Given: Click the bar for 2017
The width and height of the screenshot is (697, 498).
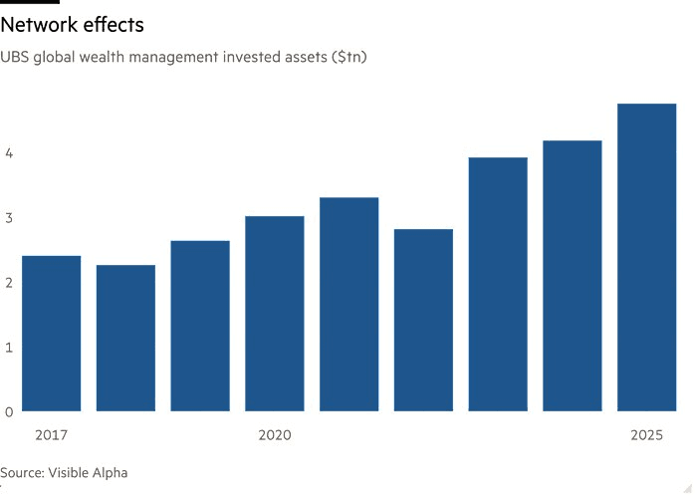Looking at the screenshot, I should [x=51, y=334].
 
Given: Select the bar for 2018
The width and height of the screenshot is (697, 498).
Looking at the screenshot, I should [x=125, y=338].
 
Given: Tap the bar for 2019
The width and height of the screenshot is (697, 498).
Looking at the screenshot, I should [x=200, y=326].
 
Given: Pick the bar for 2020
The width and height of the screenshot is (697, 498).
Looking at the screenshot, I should [x=275, y=314].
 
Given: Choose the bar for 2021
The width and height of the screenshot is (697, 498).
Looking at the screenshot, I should [x=349, y=304].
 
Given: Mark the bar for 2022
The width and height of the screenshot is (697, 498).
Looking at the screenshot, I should [x=424, y=320].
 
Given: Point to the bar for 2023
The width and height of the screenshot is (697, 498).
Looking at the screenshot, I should [x=498, y=284].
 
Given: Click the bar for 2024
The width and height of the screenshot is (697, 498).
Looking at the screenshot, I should [x=573, y=276].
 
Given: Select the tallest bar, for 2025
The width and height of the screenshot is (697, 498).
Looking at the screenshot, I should [x=647, y=257].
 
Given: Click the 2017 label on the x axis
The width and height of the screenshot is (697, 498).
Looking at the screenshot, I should [x=51, y=435].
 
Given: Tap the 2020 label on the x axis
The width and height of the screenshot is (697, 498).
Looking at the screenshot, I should [x=275, y=435].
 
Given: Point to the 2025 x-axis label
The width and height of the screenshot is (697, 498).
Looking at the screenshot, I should [x=647, y=435].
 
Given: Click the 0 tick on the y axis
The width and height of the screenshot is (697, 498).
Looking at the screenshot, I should [x=8, y=411].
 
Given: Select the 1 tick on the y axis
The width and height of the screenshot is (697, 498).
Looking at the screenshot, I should [x=8, y=347].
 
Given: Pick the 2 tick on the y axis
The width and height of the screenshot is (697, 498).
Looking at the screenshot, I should [x=8, y=282].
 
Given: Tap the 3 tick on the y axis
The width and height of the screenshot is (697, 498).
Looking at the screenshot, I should [x=8, y=217].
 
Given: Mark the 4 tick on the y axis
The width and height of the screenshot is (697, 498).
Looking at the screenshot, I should [x=8, y=153].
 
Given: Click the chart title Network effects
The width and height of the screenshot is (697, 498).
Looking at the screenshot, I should [x=73, y=25].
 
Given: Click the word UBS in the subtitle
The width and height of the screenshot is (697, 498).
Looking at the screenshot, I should [x=17, y=58].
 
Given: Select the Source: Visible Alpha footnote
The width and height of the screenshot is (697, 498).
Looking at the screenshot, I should [x=64, y=473].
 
